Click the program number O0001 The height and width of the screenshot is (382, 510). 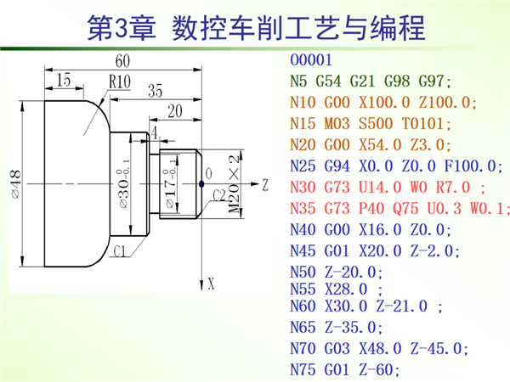[315, 62]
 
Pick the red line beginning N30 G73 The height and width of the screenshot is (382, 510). [388, 185]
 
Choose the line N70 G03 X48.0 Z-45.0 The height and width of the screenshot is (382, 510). [379, 348]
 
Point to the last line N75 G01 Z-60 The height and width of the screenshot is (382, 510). [344, 368]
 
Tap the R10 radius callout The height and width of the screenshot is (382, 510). [119, 82]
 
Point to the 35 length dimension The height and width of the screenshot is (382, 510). [155, 91]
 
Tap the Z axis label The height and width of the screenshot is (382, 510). [265, 183]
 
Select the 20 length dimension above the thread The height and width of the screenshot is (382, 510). [176, 110]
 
